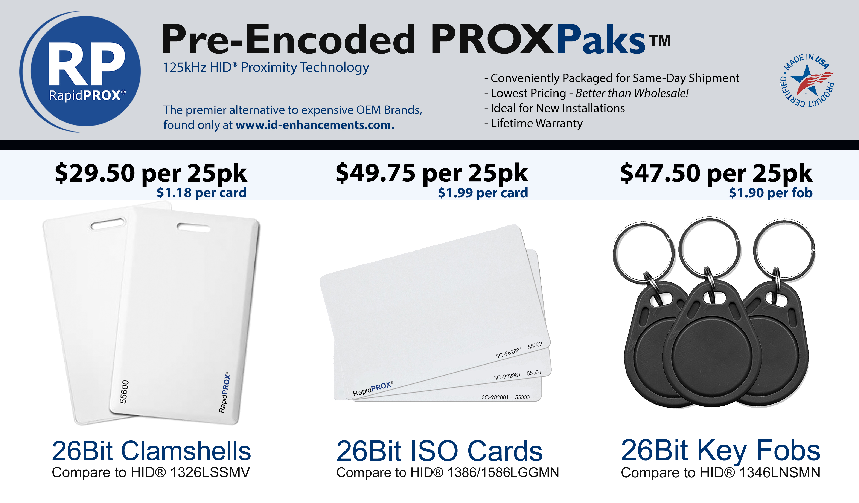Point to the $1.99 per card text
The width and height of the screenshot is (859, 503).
(x=483, y=193)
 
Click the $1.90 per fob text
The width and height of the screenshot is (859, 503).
(x=770, y=193)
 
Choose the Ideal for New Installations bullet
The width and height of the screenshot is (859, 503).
(x=555, y=108)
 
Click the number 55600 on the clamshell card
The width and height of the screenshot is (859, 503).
(x=124, y=391)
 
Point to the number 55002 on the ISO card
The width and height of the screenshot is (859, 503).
(x=535, y=346)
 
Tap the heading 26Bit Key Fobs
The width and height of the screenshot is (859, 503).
(x=720, y=451)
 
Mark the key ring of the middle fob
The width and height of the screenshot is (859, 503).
(x=709, y=249)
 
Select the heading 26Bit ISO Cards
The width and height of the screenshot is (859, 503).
(x=439, y=451)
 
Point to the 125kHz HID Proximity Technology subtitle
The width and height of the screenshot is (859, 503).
(x=266, y=67)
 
